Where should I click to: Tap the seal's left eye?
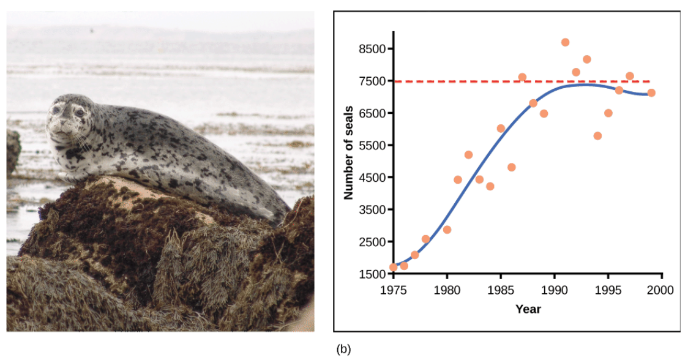79,112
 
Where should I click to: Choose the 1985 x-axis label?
501,290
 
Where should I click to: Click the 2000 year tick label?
662,290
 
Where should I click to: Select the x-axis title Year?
528,309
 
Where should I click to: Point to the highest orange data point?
565,42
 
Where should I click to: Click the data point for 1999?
651,93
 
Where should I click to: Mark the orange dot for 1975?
394,268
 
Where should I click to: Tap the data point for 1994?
597,136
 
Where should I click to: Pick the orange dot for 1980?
447,230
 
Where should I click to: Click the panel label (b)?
343,350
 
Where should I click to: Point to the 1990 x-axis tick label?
555,290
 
